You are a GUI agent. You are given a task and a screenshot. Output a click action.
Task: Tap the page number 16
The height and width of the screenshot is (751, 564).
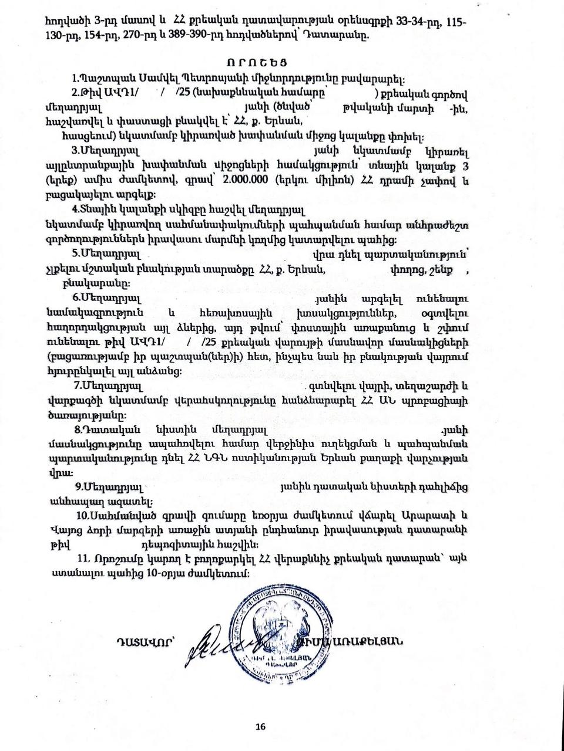tap(260, 726)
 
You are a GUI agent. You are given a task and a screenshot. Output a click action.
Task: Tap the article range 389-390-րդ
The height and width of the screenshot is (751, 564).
tap(193, 36)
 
